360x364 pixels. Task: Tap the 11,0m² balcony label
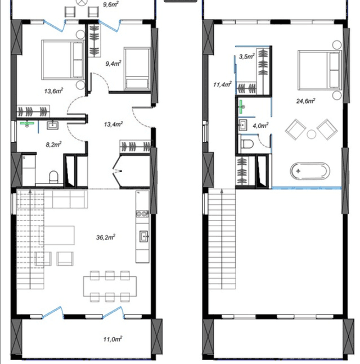coord(114,339)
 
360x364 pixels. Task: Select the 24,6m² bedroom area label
coord(306,101)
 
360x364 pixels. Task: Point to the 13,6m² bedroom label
coord(53,90)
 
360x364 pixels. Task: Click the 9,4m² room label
coord(114,64)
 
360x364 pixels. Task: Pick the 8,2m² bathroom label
coord(53,143)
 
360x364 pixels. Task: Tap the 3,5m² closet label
coord(247,56)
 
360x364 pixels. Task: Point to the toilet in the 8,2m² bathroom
coord(54,177)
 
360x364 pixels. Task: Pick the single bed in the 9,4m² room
coord(136,69)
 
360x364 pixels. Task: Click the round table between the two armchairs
coord(310,134)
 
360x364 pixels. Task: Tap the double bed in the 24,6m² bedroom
coord(319,69)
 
